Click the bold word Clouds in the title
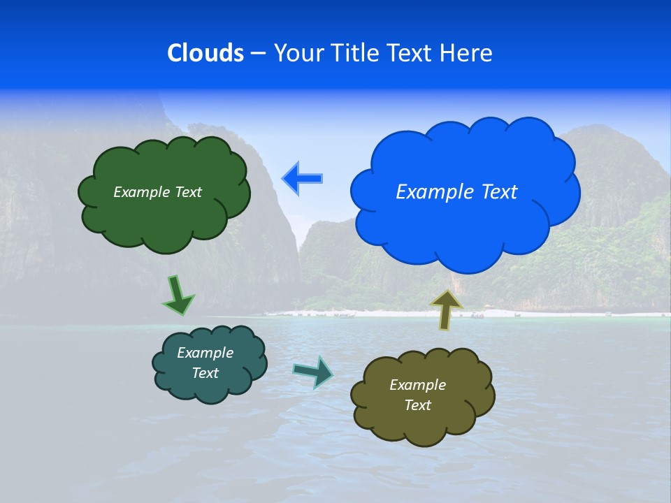(x=205, y=53)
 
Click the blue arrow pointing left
(x=302, y=179)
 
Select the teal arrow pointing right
(x=313, y=371)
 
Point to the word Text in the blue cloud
(x=499, y=192)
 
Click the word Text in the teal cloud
(x=205, y=373)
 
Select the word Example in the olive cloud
(x=417, y=385)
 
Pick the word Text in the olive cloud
(x=417, y=405)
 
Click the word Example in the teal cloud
(x=205, y=353)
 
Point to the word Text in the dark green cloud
(x=188, y=192)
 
